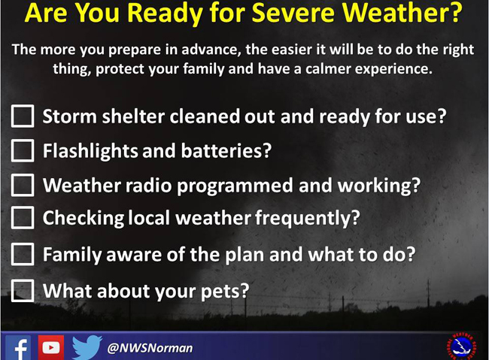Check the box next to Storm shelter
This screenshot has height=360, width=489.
23,116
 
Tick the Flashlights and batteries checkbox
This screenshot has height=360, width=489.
23,150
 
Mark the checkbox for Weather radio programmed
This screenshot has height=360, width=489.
23,185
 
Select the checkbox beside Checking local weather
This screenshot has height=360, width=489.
23,217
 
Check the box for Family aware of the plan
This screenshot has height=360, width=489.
23,254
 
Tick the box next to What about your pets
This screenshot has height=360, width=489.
23,291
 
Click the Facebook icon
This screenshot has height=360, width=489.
18,347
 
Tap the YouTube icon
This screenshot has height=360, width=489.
51,347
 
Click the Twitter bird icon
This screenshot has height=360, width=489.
87,347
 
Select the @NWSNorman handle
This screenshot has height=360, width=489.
150,348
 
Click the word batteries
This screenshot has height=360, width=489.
226,151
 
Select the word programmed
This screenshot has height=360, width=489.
235,186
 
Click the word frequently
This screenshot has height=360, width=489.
308,218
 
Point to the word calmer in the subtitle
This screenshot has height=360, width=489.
328,69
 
